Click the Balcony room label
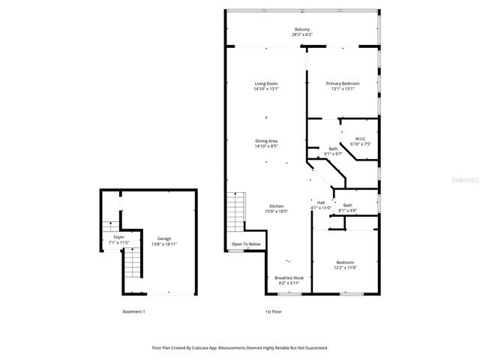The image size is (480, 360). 301,29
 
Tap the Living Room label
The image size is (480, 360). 266,83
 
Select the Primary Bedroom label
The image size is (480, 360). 342,83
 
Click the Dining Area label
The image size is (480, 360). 266,141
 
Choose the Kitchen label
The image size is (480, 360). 276,206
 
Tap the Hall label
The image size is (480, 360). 321,202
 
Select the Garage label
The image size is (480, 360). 163,238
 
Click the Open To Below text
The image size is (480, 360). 246,244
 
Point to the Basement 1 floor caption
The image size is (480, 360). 133,311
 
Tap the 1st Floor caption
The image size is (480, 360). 273,311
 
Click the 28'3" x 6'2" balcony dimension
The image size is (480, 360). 301,34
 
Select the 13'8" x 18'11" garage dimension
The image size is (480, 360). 163,244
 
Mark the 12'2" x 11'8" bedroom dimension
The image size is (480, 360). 344,267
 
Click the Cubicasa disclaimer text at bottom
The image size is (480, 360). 240,348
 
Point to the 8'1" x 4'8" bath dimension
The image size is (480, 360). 347,211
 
